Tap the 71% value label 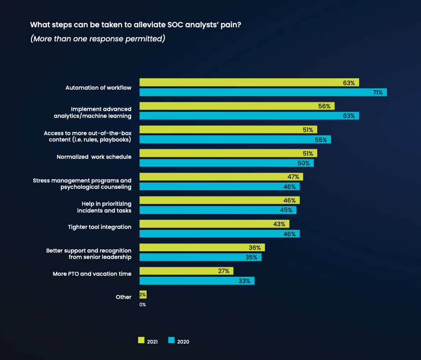pos(378,92)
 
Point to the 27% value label pos(224,271)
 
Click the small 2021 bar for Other pos(143,294)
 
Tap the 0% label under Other pos(143,304)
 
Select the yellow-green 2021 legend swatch pos(141,340)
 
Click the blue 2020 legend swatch pos(172,340)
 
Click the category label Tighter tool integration pos(100,227)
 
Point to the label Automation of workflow pos(98,87)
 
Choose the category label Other pos(123,297)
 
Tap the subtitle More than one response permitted pos(97,39)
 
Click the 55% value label pos(322,140)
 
